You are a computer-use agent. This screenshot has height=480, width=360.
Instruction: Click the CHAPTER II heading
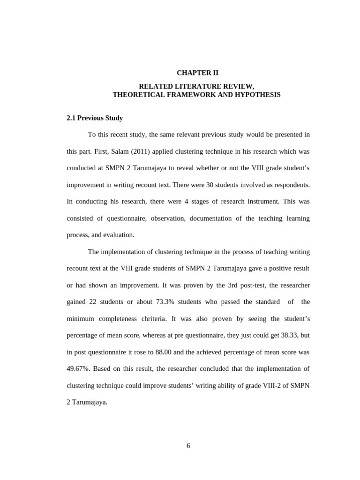pos(197,73)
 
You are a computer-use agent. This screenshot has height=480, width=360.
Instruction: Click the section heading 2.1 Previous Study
pos(95,118)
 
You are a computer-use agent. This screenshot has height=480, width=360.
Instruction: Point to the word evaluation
pos(119,235)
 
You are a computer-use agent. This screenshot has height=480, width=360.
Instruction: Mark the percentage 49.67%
pos(78,368)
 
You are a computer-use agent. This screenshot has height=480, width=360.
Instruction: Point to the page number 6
pos(188,446)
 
